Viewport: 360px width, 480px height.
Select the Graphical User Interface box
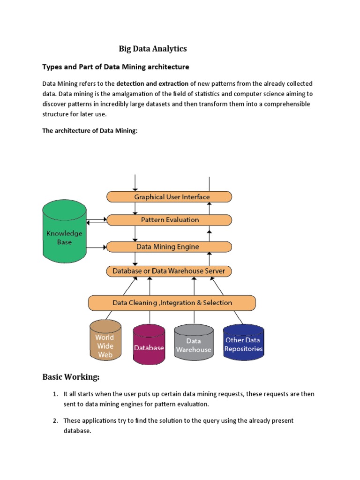[169, 197]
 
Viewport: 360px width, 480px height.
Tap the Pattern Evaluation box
[169, 220]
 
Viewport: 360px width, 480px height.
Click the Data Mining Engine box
[169, 247]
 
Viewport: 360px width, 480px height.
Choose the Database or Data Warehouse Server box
[169, 271]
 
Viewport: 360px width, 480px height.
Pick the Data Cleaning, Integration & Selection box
[172, 303]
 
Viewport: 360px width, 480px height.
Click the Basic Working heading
[71, 377]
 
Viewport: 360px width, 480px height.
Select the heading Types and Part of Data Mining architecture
[116, 67]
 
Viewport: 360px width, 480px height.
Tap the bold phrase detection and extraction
[152, 83]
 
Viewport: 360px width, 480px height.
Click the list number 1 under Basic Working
[55, 394]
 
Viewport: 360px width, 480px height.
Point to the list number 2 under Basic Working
[55, 421]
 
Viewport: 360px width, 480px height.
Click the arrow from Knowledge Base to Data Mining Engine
[97, 247]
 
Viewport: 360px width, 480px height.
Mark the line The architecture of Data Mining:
[90, 131]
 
